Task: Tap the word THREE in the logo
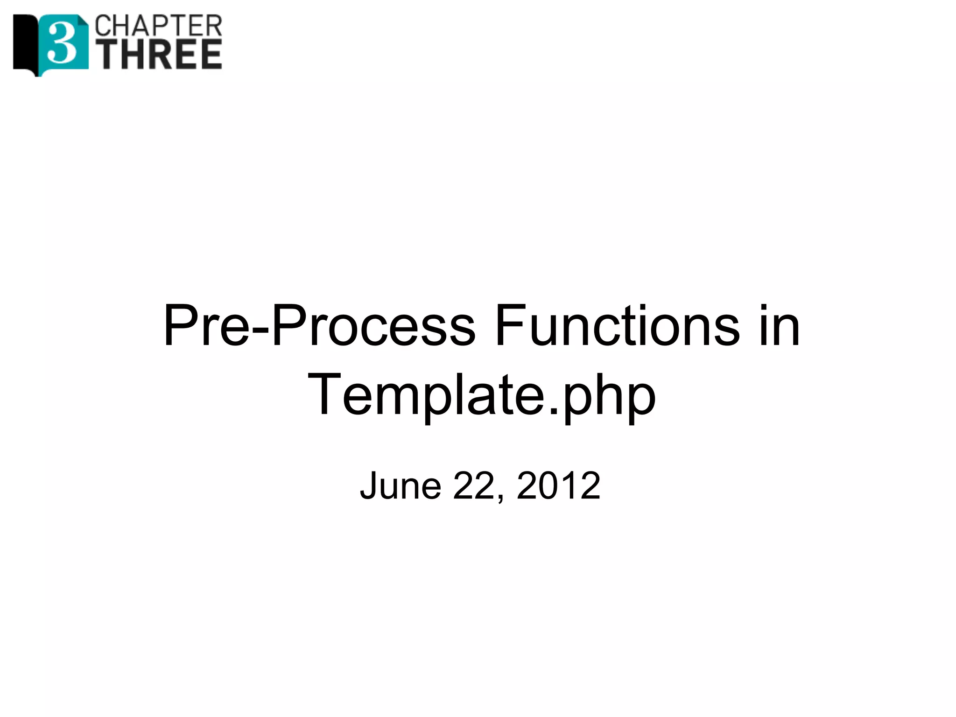[162, 55]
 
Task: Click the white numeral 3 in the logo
[62, 43]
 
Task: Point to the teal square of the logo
[75, 28]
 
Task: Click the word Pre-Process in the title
[319, 325]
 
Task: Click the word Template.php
[481, 395]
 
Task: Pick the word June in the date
[401, 486]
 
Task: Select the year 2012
[558, 486]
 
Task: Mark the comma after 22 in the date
[501, 499]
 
